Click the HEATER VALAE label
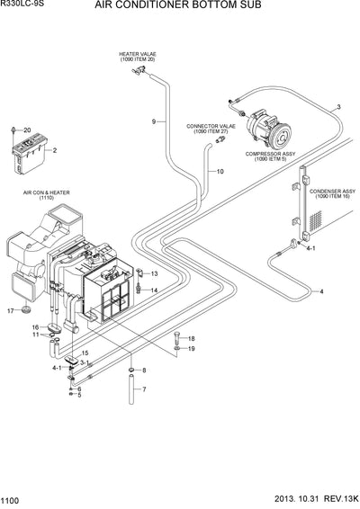tap(137, 57)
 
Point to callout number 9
tap(154, 121)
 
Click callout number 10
tap(219, 171)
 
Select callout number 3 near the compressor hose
tap(337, 108)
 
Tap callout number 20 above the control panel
tap(27, 130)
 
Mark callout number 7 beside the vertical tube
tap(143, 389)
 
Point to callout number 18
tap(191, 338)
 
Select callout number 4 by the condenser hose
tap(320, 292)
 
